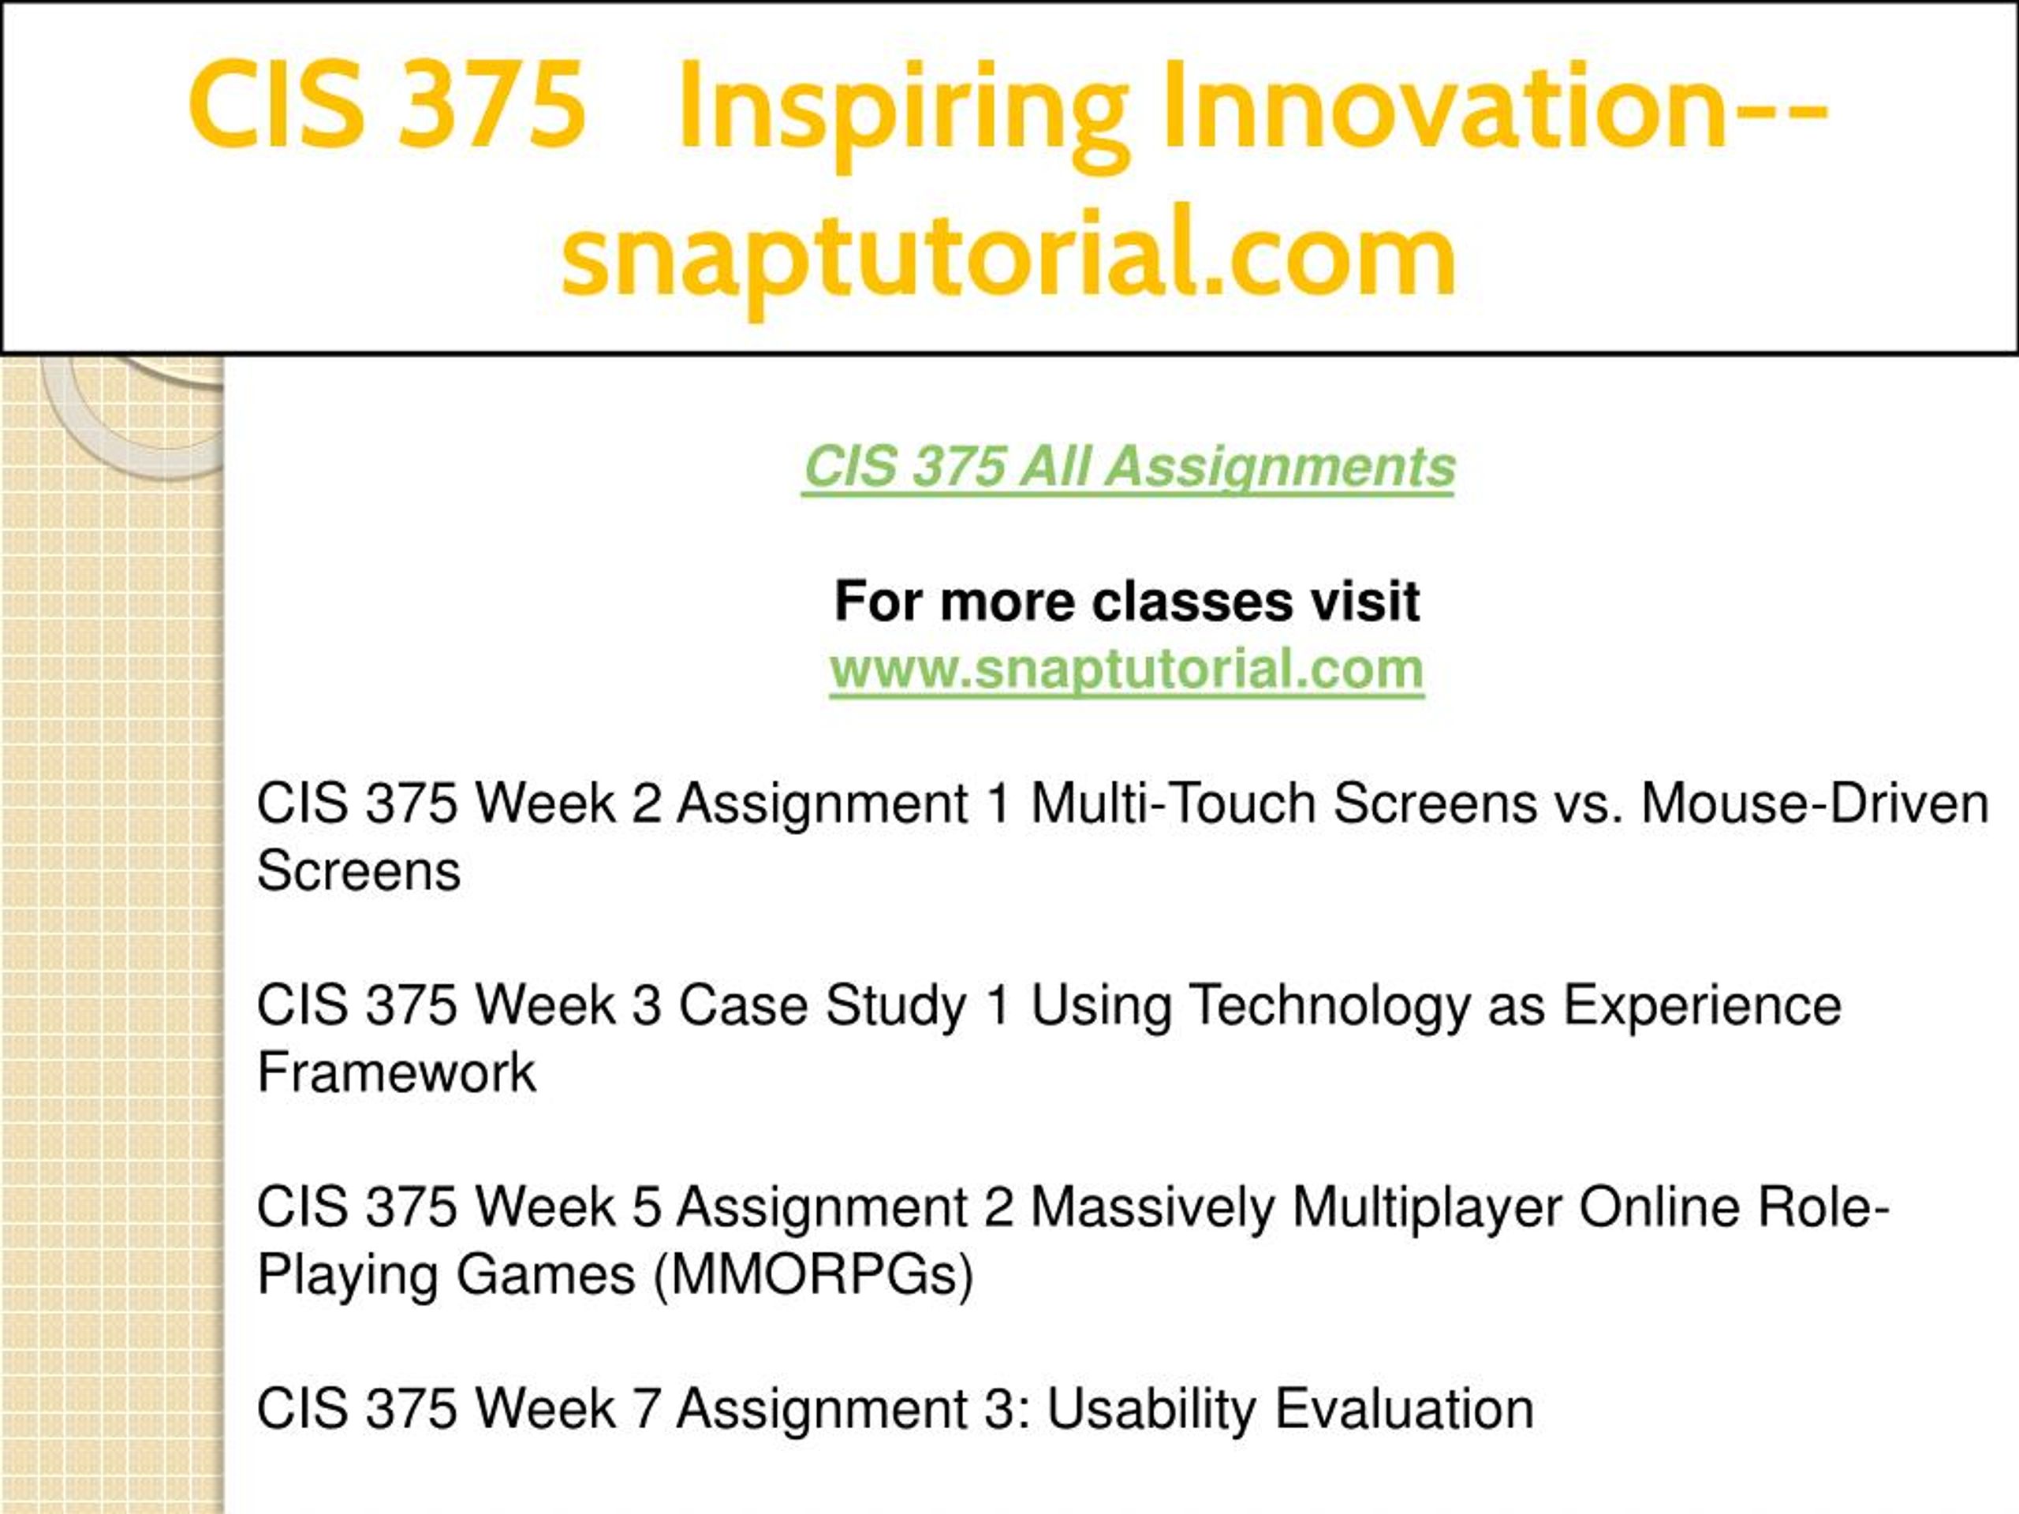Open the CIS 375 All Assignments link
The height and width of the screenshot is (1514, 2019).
pos(1128,468)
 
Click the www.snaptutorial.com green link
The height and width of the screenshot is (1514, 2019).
pos(1127,669)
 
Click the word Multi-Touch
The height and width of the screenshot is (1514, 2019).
pos(1173,803)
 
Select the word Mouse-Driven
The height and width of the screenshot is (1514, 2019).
pos(1815,803)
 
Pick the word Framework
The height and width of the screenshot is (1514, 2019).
pos(396,1072)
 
